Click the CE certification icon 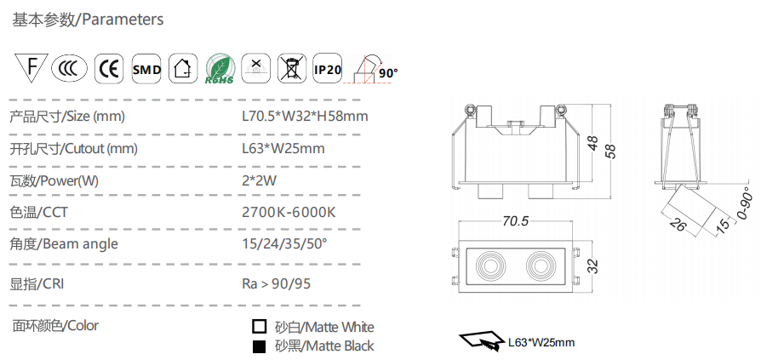[x=108, y=68]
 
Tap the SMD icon [x=146, y=68]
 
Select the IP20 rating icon [x=328, y=68]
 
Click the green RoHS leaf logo [x=220, y=69]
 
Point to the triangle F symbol [x=31, y=66]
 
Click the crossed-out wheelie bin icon [x=291, y=68]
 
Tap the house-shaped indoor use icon [x=183, y=68]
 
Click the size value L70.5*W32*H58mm [x=305, y=117]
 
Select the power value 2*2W [x=259, y=180]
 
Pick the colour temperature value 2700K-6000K [x=289, y=213]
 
